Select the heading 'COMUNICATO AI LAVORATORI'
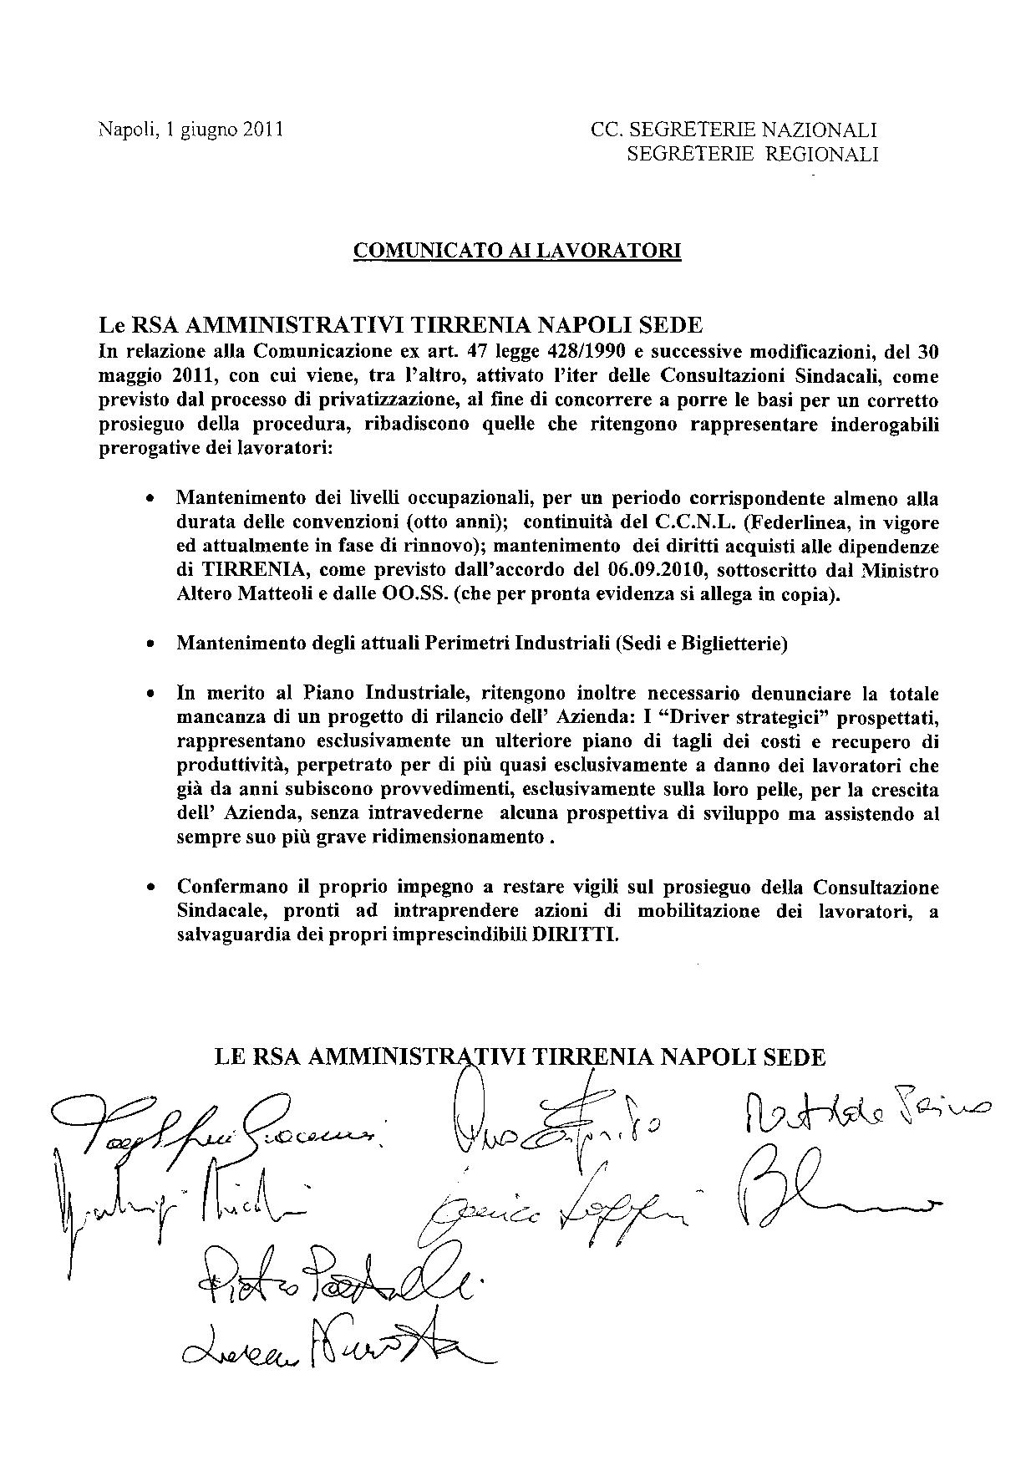[x=518, y=250]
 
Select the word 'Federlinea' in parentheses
[x=800, y=523]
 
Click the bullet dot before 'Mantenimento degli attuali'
[x=150, y=645]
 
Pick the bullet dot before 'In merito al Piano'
[x=150, y=695]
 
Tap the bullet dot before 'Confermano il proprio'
[x=150, y=887]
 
